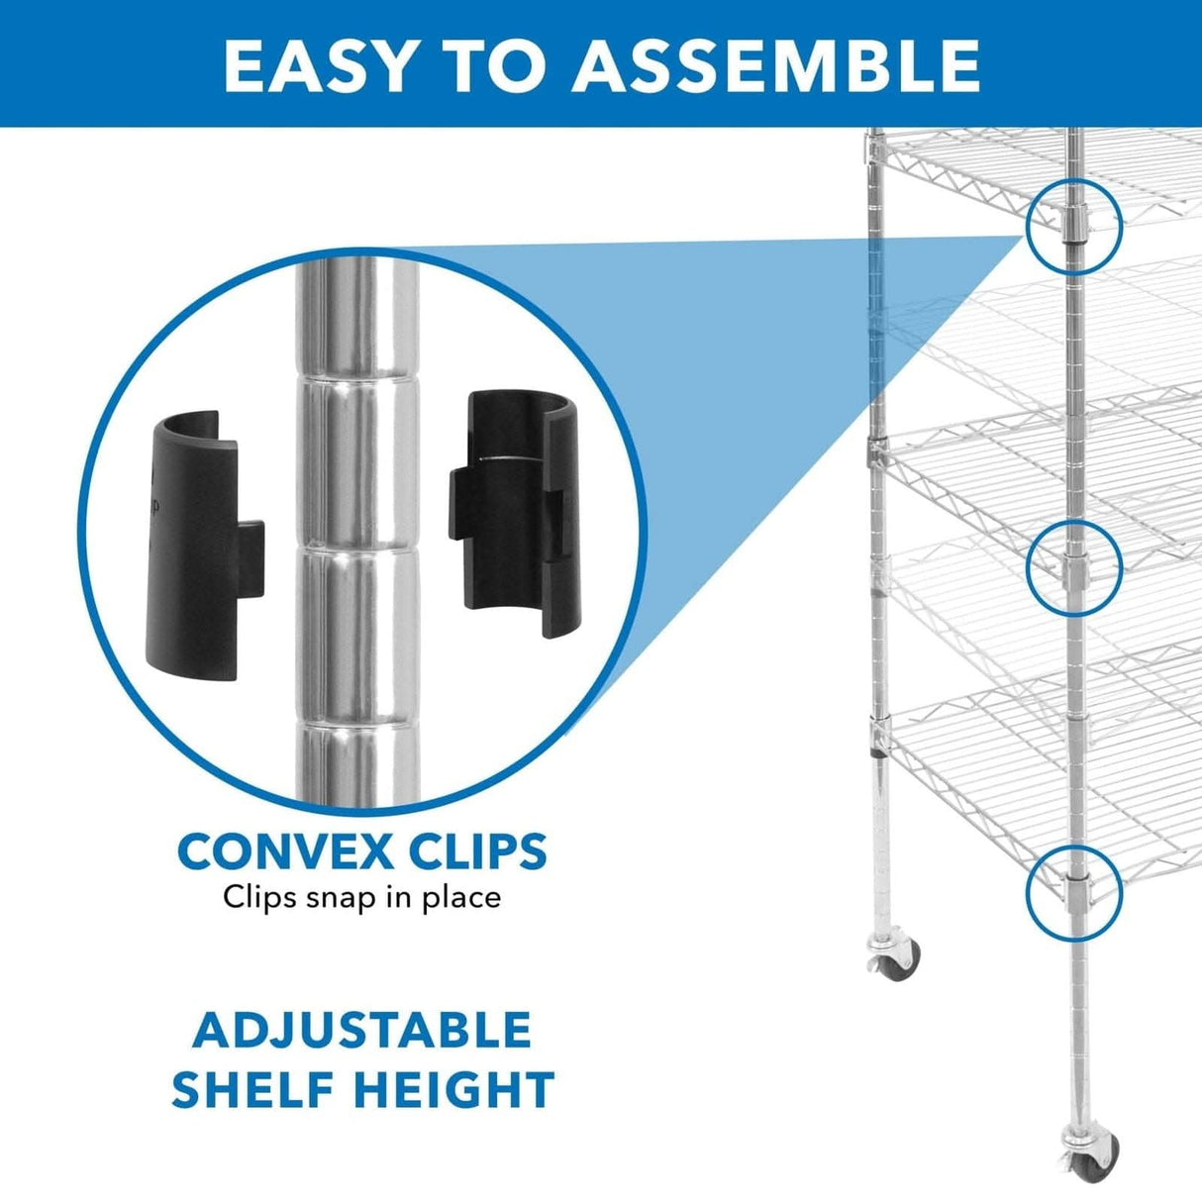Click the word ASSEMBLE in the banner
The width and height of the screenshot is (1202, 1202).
(x=776, y=65)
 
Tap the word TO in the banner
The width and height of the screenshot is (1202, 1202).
(x=494, y=65)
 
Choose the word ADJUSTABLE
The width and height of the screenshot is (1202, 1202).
(x=362, y=1031)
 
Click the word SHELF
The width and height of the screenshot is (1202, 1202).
(x=253, y=1089)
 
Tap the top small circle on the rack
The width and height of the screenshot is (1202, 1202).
(x=1074, y=227)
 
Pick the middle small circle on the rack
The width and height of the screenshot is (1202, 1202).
(x=1074, y=565)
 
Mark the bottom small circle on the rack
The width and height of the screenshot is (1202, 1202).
(x=1074, y=890)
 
